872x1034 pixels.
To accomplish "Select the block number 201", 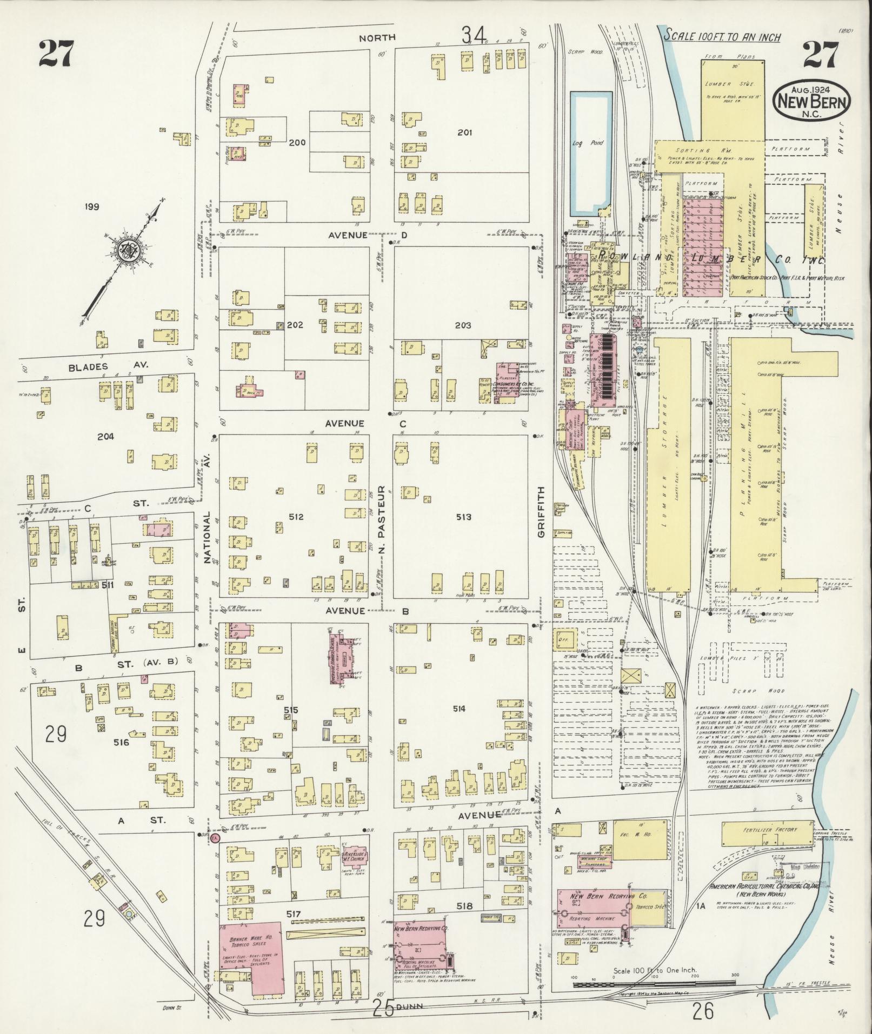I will pos(464,132).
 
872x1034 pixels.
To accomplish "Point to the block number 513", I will pos(463,517).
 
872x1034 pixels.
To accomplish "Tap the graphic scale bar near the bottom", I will pos(654,985).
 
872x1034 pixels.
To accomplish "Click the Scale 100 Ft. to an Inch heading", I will pos(722,37).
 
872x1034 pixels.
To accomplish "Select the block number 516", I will pos(122,743).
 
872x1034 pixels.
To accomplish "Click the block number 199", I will pos(92,206).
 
